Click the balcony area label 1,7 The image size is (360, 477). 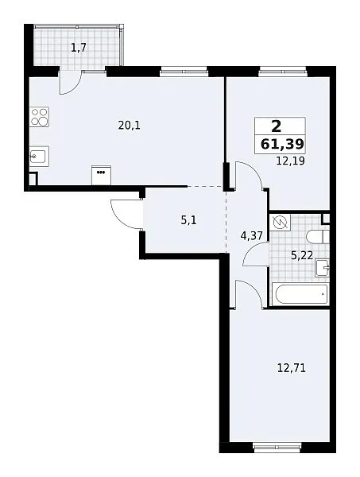pyautogui.click(x=79, y=48)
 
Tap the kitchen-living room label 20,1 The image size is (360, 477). pyautogui.click(x=130, y=125)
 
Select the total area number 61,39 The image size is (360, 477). pyautogui.click(x=282, y=144)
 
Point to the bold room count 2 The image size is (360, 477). pyautogui.click(x=276, y=126)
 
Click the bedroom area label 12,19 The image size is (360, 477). pyautogui.click(x=290, y=161)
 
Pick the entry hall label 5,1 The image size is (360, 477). pyautogui.click(x=188, y=220)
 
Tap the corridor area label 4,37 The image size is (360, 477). pyautogui.click(x=251, y=235)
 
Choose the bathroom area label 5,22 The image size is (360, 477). pyautogui.click(x=302, y=255)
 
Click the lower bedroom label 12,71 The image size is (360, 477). pyautogui.click(x=292, y=368)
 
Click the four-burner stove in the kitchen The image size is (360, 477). pyautogui.click(x=40, y=117)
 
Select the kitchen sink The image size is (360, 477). pyautogui.click(x=39, y=157)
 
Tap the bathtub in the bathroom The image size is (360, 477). pyautogui.click(x=300, y=294)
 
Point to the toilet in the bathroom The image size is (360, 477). pyautogui.click(x=318, y=237)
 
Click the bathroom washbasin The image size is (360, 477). pyautogui.click(x=323, y=268)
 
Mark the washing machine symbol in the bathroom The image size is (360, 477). pyautogui.click(x=281, y=223)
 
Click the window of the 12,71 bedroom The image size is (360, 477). pyautogui.click(x=277, y=447)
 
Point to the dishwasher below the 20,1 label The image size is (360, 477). pyautogui.click(x=101, y=175)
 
